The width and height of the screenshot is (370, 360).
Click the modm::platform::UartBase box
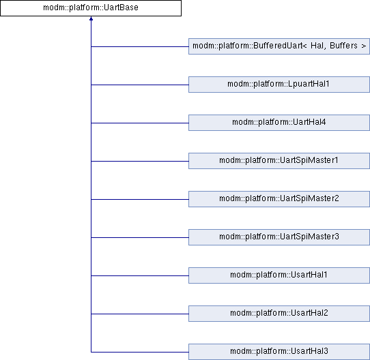pyautogui.click(x=91, y=8)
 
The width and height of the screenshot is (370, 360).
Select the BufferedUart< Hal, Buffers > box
pyautogui.click(x=279, y=46)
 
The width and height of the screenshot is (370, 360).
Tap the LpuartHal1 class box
pyautogui.click(x=279, y=85)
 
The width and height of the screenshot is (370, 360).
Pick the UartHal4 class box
pyautogui.click(x=279, y=123)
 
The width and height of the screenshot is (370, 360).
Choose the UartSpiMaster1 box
pyautogui.click(x=279, y=161)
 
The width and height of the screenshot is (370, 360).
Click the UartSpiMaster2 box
pyautogui.click(x=279, y=199)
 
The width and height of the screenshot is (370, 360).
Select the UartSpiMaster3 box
pyautogui.click(x=279, y=237)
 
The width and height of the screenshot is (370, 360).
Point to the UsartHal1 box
pyautogui.click(x=279, y=275)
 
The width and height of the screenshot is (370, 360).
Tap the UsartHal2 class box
pyautogui.click(x=279, y=314)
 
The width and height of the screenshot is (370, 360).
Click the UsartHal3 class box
pyautogui.click(x=279, y=352)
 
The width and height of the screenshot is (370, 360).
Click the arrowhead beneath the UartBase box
pyautogui.click(x=91, y=18)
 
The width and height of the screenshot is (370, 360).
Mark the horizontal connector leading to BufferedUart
pyautogui.click(x=140, y=46)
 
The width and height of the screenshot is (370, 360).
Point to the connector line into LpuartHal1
pyautogui.click(x=140, y=85)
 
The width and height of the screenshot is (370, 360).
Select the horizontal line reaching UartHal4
pyautogui.click(x=140, y=123)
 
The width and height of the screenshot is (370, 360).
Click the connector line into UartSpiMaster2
pyautogui.click(x=140, y=200)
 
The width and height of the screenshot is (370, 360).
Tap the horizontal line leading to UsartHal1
pyautogui.click(x=140, y=276)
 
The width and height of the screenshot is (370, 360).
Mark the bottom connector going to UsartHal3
pyautogui.click(x=140, y=352)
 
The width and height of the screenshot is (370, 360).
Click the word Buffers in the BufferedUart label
pyautogui.click(x=343, y=46)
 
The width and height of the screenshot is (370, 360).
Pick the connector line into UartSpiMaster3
pyautogui.click(x=140, y=238)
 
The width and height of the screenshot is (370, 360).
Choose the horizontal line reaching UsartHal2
pyautogui.click(x=140, y=314)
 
